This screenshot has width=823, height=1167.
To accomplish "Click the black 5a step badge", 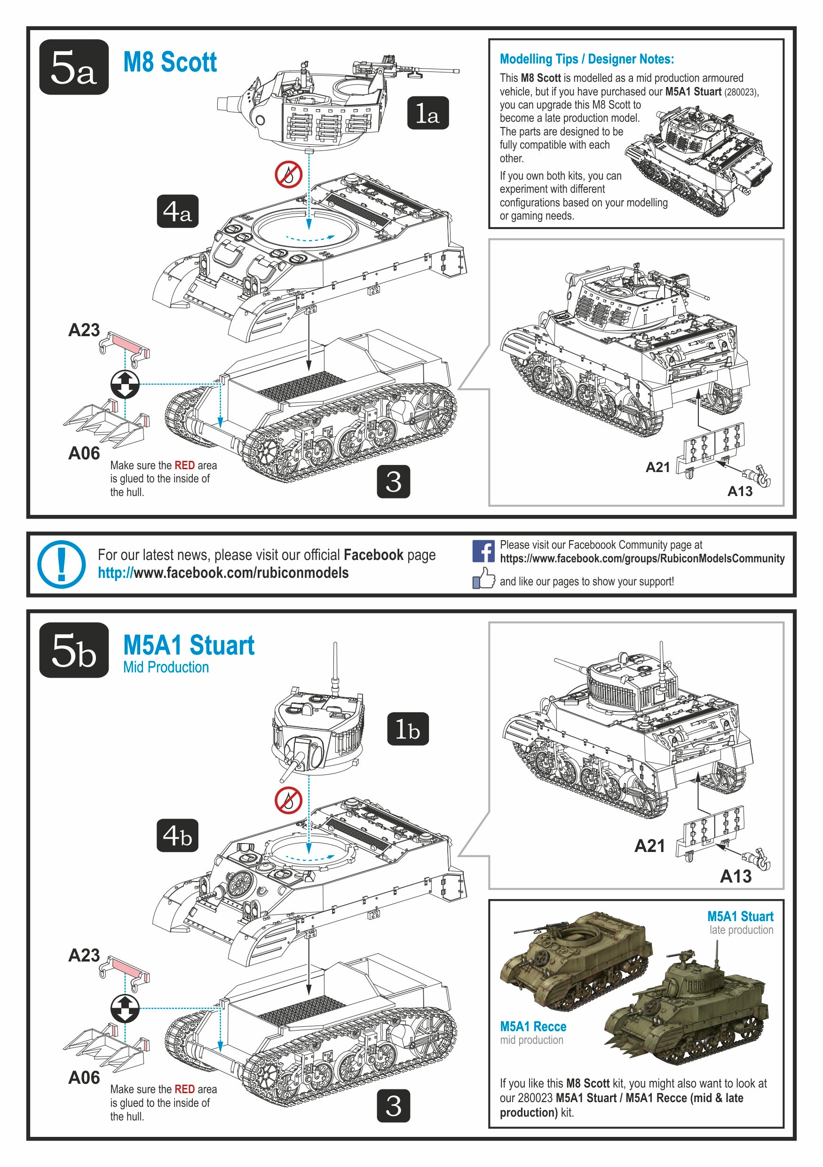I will pyautogui.click(x=74, y=67).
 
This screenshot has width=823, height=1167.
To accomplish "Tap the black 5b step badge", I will pyautogui.click(x=74, y=650).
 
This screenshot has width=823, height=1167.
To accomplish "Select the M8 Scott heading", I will pyautogui.click(x=170, y=63).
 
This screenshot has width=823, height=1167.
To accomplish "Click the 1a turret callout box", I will pyautogui.click(x=427, y=113).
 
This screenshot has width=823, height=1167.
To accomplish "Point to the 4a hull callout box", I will pyautogui.click(x=177, y=211).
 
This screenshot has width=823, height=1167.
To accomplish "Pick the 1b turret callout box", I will pyautogui.click(x=408, y=729).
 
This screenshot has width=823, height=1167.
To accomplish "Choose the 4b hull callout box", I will pyautogui.click(x=177, y=835).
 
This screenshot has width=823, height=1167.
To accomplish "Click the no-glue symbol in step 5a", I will pyautogui.click(x=289, y=175).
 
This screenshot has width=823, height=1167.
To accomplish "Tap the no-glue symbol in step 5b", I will pyautogui.click(x=289, y=800).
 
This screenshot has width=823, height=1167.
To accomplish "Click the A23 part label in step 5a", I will pyautogui.click(x=84, y=331).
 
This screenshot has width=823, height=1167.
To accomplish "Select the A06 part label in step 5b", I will pyautogui.click(x=84, y=1077).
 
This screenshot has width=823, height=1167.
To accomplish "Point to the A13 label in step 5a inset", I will pyautogui.click(x=740, y=491).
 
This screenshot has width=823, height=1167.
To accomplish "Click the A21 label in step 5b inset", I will pyautogui.click(x=649, y=846).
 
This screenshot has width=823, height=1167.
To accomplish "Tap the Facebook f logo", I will pyautogui.click(x=483, y=551).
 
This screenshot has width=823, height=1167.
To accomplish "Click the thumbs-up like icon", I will pyautogui.click(x=483, y=578).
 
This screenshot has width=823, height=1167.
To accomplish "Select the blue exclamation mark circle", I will pyautogui.click(x=61, y=564).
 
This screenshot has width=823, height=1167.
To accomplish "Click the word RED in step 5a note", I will pyautogui.click(x=184, y=465).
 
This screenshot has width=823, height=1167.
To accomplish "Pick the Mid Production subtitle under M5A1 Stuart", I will pyautogui.click(x=166, y=667).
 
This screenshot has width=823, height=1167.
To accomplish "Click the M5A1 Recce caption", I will pyautogui.click(x=533, y=1027).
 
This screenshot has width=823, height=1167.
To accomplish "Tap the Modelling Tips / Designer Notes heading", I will pyautogui.click(x=586, y=59).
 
